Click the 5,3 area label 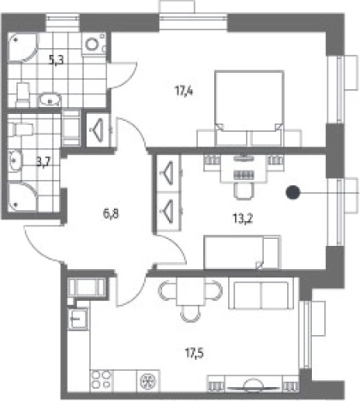(56, 61)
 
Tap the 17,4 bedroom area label (184, 92)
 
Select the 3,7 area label (44, 163)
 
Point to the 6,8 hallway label (111, 213)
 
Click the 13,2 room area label (243, 219)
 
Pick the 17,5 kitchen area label (195, 353)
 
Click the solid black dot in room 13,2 (293, 193)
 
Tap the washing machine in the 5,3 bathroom (94, 44)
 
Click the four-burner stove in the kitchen (102, 380)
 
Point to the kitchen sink (78, 319)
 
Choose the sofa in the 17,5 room (261, 296)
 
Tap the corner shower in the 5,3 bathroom (22, 47)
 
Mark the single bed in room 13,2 (243, 252)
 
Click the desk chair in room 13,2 (243, 191)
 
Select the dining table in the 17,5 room (190, 291)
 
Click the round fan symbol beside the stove (147, 380)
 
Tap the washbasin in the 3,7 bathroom (15, 161)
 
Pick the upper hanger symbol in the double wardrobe (167, 172)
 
